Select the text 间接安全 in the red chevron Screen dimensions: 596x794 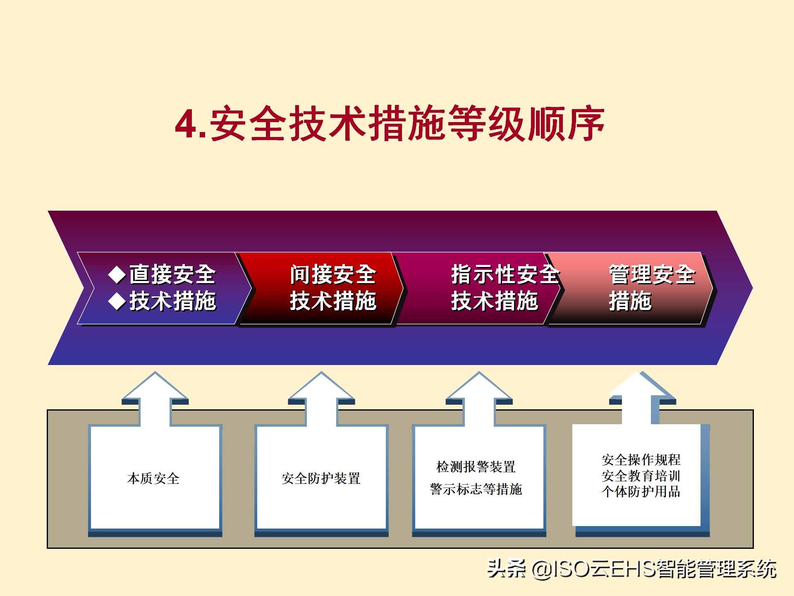click(333, 275)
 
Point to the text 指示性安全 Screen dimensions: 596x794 click(505, 275)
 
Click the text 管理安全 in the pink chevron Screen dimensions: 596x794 click(652, 275)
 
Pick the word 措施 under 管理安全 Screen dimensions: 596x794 click(630, 301)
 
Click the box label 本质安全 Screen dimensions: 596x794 click(153, 479)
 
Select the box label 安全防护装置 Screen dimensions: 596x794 click(321, 479)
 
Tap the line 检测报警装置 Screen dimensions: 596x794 click(476, 467)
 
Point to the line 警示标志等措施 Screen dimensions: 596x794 click(476, 490)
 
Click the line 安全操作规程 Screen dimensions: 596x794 click(641, 460)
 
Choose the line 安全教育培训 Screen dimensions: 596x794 click(641, 476)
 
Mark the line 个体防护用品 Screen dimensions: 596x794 click(641, 492)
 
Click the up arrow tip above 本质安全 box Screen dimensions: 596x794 click(155, 374)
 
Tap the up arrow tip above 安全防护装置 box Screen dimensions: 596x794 click(321, 374)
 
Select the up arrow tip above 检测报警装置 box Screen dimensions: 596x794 click(479, 374)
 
